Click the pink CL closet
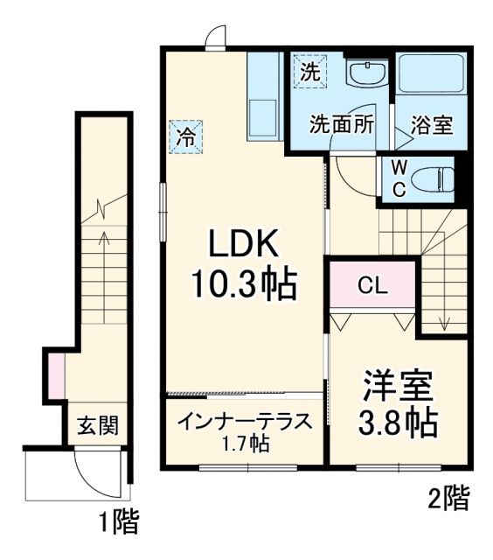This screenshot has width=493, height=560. tap(372, 285)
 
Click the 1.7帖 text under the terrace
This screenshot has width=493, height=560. tap(246, 444)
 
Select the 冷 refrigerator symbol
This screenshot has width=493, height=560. tap(185, 136)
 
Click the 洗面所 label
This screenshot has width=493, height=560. tap(342, 123)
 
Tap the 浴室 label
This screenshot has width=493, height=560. tap(431, 123)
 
